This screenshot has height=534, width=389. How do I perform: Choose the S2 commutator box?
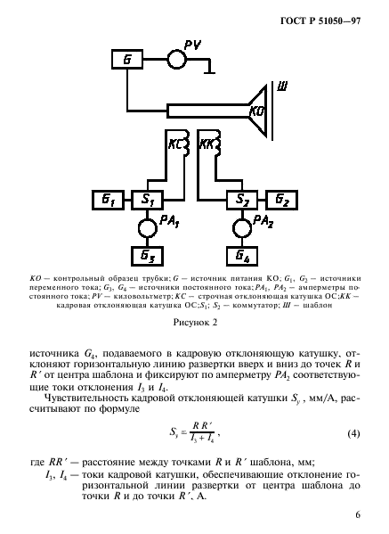(239, 199)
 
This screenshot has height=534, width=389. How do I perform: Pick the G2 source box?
(280, 199)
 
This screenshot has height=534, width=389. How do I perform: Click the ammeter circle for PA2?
(239, 227)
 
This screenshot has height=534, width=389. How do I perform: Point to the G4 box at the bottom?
(239, 256)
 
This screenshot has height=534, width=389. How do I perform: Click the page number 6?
(356, 514)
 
